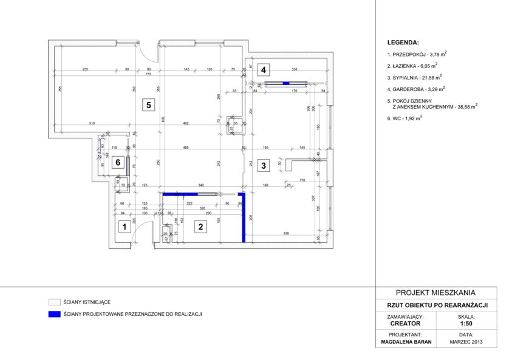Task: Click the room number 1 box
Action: tap(124, 228)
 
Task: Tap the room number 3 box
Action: tap(263, 165)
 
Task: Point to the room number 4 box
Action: tap(262, 70)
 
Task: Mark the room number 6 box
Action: tap(119, 162)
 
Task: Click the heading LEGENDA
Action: tap(403, 44)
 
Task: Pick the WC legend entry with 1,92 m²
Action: tap(405, 118)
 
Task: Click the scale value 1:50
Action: tap(467, 324)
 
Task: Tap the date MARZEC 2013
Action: tap(466, 342)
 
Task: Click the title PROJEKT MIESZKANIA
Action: tap(436, 293)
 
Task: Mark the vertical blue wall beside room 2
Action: tap(244, 219)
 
